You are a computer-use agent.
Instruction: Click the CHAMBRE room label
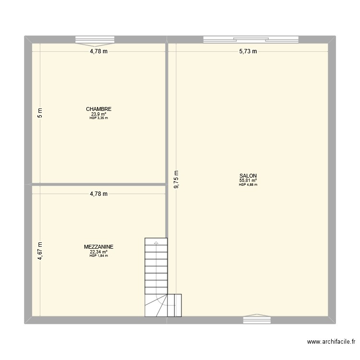98,109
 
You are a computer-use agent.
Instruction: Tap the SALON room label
248,176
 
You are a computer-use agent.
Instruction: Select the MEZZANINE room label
98,247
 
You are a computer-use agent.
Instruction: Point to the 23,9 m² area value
98,114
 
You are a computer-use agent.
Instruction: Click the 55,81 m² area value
248,180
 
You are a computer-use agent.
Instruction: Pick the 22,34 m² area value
98,252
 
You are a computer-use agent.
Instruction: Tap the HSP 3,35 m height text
98,118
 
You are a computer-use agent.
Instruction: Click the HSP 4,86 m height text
248,184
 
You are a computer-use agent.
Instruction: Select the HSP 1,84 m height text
98,255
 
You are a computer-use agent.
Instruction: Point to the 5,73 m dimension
248,51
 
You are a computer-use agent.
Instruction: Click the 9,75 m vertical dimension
177,180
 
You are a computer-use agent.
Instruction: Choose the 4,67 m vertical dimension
40,250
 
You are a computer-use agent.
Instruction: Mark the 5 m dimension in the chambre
40,113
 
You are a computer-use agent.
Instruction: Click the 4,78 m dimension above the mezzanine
98,194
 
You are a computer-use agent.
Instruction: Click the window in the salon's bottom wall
257,319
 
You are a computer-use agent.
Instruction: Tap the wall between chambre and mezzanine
98,184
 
